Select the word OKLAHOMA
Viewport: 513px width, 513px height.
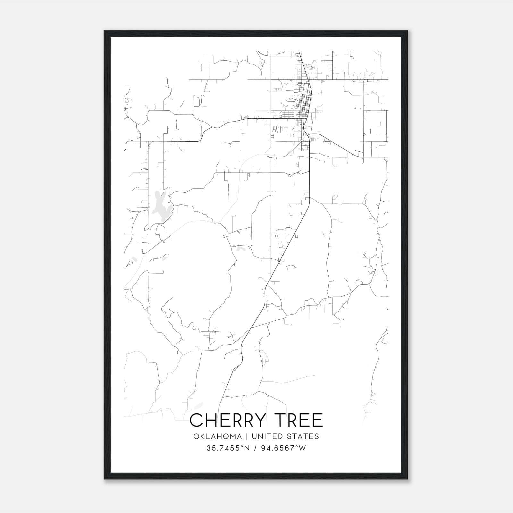coord(217,436)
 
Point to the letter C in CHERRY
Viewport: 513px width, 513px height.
coord(197,420)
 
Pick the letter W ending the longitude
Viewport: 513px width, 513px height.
coord(302,448)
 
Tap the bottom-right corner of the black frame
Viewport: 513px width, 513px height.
coord(407,479)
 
